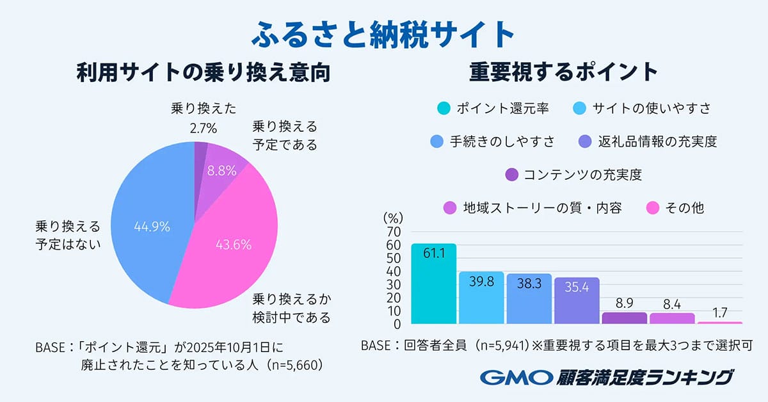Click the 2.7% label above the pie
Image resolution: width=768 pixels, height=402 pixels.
(x=203, y=129)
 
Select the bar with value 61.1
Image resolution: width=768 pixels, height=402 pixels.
(x=434, y=285)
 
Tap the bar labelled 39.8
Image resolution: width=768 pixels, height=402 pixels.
(x=481, y=298)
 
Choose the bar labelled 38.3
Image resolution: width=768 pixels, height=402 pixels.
(x=529, y=299)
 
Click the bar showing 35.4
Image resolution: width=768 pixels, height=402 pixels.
(x=577, y=301)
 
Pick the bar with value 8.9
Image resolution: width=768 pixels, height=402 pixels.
(x=625, y=318)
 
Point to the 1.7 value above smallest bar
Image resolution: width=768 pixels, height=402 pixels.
(x=720, y=314)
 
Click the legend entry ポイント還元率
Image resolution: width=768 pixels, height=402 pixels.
(x=493, y=108)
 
